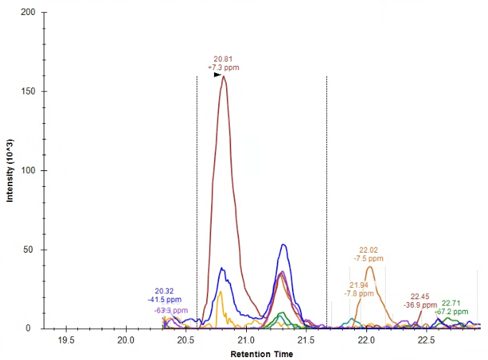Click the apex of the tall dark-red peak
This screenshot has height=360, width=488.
[224, 77]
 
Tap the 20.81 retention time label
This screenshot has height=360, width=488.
[223, 59]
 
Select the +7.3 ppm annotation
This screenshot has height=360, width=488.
[223, 67]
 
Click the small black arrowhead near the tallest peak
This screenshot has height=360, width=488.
[218, 74]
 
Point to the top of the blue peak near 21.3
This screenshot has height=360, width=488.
[284, 245]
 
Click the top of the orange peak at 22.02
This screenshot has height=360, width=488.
[370, 267]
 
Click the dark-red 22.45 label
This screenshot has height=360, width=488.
[420, 296]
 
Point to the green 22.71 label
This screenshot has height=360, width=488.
[451, 303]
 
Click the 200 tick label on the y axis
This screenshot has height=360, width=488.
[29, 13]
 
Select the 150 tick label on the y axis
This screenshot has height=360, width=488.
[29, 92]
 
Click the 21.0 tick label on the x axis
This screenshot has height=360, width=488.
[246, 340]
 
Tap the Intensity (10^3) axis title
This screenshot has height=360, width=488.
[11, 170]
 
